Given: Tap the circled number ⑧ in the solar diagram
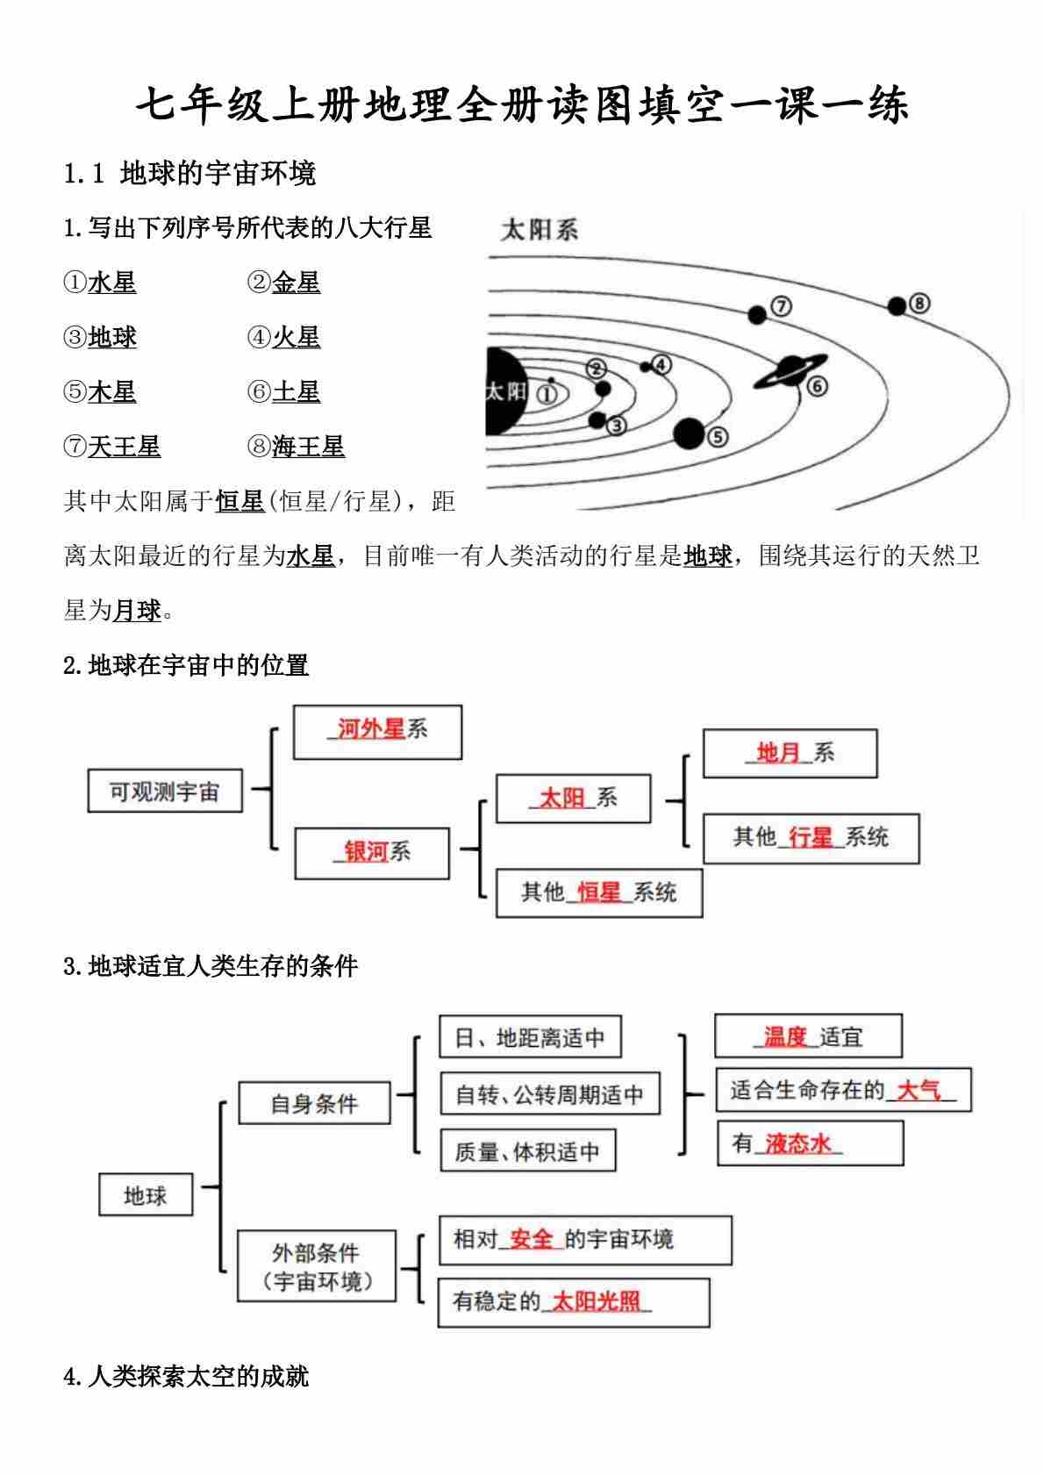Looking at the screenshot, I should click(919, 304).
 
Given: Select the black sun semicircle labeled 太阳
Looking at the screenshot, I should click(506, 390).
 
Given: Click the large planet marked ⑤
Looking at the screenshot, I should click(690, 433).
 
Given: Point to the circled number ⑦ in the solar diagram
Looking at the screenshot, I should click(781, 306).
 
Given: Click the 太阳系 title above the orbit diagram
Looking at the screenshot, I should click(539, 231).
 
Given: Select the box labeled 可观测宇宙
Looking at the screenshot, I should click(164, 792).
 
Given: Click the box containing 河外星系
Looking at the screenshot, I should click(377, 731).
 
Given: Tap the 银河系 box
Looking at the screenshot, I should click(372, 852).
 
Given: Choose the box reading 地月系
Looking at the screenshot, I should click(790, 753).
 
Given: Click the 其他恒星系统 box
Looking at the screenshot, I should click(599, 892).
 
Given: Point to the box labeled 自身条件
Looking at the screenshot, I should click(313, 1103).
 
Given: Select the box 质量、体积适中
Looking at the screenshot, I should click(526, 1151).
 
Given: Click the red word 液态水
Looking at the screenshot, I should click(797, 1144).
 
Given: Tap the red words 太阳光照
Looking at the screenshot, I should click(596, 1301).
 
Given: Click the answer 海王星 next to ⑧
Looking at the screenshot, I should click(308, 447).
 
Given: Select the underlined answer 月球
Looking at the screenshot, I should click(137, 611).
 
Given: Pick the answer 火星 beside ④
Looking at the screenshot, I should click(296, 337).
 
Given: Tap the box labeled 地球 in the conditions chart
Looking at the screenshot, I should click(145, 1195).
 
